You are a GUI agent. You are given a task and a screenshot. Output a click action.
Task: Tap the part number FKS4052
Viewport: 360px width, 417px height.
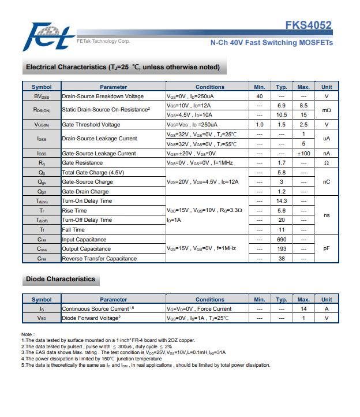click(x=308, y=25)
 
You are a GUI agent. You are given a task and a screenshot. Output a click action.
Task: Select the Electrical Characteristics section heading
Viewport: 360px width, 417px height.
click(x=123, y=67)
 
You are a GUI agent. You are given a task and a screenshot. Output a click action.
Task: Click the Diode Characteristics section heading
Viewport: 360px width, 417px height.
click(x=61, y=279)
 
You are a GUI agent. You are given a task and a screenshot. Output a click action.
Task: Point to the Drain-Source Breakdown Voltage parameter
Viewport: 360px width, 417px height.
click(x=103, y=96)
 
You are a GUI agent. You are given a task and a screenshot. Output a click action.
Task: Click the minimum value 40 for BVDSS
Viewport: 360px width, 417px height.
click(x=260, y=96)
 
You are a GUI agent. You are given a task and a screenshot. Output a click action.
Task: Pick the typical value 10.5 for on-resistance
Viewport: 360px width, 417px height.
click(x=282, y=115)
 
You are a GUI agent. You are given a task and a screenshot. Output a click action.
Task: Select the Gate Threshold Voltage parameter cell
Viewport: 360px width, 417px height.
click(x=91, y=125)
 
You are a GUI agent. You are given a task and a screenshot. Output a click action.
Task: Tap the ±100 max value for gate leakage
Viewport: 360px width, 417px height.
click(x=303, y=154)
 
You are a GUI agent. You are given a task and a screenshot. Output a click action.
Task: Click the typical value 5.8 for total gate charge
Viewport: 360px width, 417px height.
click(x=282, y=173)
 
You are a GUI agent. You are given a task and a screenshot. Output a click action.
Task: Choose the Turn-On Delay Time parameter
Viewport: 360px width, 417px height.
click(x=87, y=201)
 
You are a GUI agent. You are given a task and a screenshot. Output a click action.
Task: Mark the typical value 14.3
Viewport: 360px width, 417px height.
click(x=282, y=201)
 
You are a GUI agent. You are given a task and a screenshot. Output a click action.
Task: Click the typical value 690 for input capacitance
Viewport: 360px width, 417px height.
click(x=282, y=239)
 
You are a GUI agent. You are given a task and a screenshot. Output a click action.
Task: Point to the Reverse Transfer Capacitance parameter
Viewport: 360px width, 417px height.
click(x=99, y=259)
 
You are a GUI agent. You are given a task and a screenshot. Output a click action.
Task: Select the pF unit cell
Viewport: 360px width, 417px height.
click(x=327, y=249)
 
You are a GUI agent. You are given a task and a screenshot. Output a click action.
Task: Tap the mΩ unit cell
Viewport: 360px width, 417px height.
click(x=327, y=110)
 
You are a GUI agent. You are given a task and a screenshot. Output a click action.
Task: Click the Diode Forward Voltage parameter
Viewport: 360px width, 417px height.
click(x=91, y=318)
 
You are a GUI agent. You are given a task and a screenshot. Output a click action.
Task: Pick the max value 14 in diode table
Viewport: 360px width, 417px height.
click(x=303, y=309)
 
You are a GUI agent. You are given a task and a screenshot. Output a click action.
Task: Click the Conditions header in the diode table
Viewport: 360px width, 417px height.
click(x=209, y=300)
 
